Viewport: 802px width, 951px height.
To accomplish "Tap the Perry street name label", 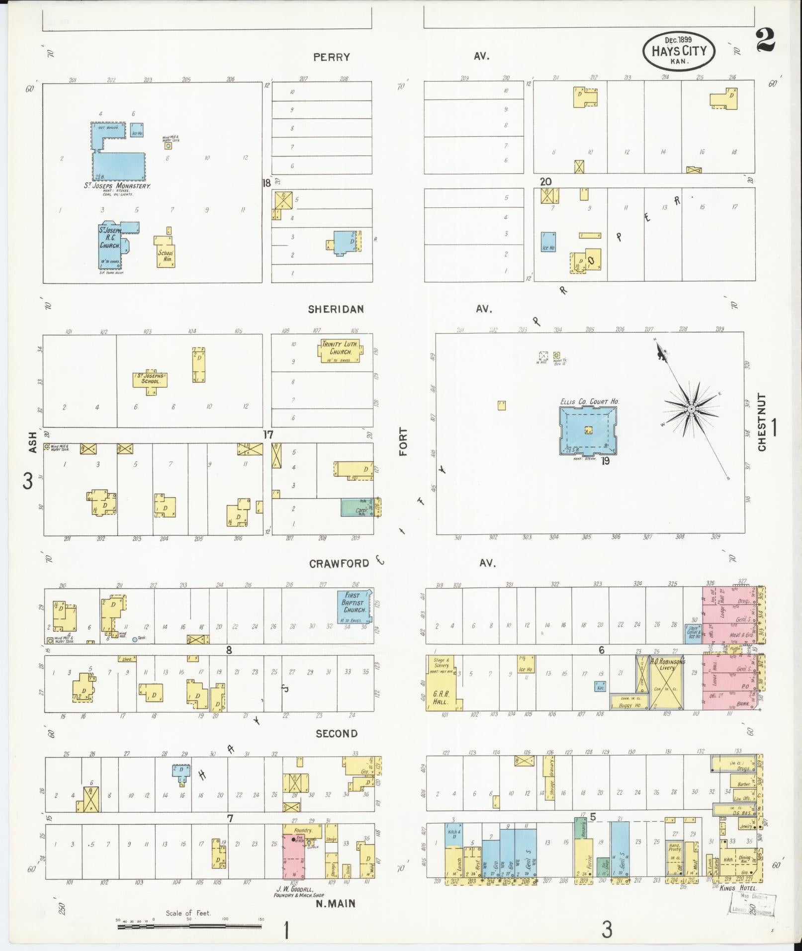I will (332, 57).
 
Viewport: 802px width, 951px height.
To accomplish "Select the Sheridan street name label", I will (336, 309).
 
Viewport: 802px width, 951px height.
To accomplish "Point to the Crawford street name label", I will (339, 563).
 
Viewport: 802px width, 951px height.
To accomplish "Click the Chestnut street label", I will (762, 423).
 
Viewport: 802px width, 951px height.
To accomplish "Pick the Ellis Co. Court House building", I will (588, 430).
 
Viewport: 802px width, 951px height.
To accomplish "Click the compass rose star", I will (691, 409).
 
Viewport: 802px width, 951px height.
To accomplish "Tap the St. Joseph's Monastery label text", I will (117, 186).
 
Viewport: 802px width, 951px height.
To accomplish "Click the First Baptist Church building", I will (354, 606).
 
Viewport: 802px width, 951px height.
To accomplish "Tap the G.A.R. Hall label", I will (440, 697).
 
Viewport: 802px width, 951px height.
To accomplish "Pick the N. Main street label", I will (336, 903).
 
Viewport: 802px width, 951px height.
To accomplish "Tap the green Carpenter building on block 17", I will (357, 508).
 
